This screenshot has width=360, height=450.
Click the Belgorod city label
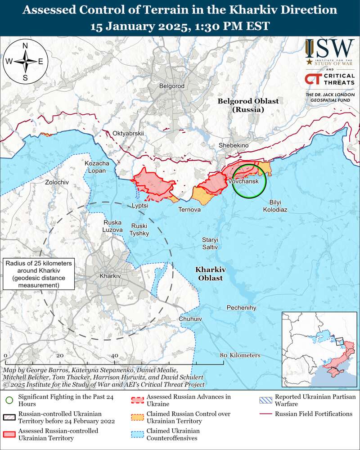tap(172, 86)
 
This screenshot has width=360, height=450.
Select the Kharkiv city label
tap(110, 276)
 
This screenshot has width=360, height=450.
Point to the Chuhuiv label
tap(190, 319)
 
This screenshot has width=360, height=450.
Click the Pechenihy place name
tap(241, 307)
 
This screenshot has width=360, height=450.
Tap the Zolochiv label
tap(57, 182)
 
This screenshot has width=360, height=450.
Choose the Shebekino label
tap(233, 145)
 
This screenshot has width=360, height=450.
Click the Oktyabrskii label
tap(128, 134)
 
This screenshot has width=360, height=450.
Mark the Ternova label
tap(189, 210)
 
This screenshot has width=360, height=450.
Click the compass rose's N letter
tap(25, 46)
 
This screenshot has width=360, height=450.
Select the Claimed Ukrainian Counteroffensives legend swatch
tap(138, 433)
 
